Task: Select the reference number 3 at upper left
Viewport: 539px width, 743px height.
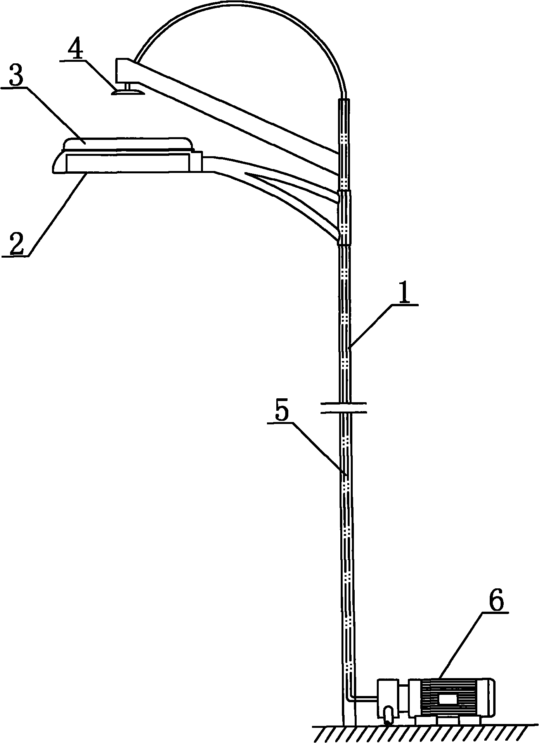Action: (16, 77)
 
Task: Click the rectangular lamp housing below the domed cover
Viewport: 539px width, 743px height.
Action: (128, 162)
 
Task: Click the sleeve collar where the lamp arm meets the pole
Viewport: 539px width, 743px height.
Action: (345, 218)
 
